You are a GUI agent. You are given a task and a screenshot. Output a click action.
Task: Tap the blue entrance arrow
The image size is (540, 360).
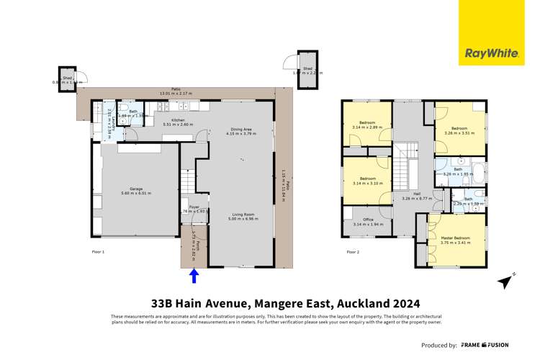[194, 276]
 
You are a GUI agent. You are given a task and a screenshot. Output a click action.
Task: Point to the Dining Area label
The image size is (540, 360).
[240, 130]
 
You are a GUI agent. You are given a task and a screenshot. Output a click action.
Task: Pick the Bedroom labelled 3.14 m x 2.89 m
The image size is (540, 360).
[367, 125]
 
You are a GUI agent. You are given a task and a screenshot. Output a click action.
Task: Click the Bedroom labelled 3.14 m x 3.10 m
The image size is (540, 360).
[367, 180]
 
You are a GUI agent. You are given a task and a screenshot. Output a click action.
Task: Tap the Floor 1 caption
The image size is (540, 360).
[99, 252]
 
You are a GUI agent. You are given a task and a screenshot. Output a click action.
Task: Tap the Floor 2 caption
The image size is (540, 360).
[353, 252]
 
